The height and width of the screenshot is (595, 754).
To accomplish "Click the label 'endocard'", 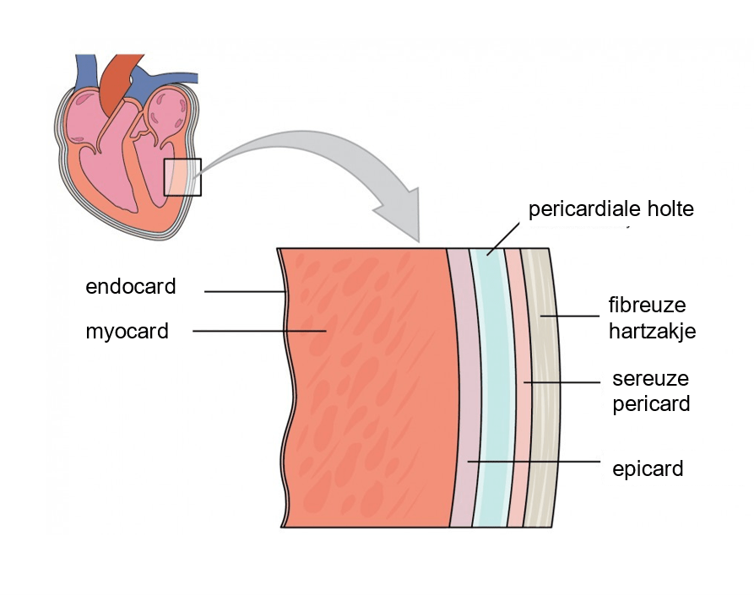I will coord(130,287).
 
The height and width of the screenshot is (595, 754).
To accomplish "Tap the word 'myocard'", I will coord(127,332).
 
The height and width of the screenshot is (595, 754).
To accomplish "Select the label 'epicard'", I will coord(647,468).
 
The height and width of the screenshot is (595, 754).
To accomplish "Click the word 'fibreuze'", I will coord(647,305).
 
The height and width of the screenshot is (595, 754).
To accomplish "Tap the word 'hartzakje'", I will coord(652,331).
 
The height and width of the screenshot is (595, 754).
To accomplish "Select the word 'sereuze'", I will coord(646,378).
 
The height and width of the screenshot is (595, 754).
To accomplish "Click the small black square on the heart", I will coord(182,177).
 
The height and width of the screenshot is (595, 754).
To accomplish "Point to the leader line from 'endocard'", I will coord(245,292).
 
